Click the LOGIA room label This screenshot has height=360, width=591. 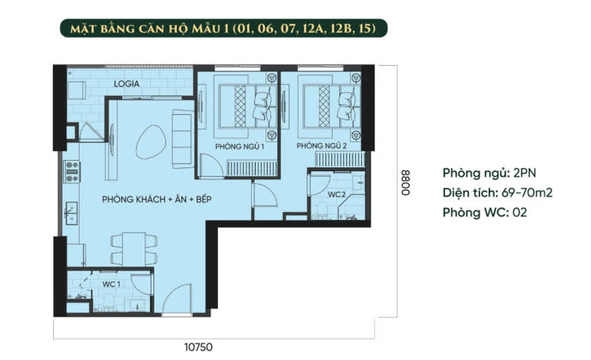(x=126, y=84)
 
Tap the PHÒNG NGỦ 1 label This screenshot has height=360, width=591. (x=240, y=146)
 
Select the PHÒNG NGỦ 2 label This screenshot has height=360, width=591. (x=321, y=145)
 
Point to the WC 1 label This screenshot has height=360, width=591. (x=111, y=284)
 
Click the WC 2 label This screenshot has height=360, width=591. (x=337, y=194)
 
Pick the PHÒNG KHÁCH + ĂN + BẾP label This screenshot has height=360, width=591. (x=156, y=199)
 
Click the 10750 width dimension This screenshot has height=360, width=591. (x=198, y=347)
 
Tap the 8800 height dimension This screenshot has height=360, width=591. (x=405, y=183)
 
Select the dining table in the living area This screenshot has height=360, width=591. (x=134, y=249)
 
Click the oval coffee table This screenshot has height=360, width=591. (x=150, y=142)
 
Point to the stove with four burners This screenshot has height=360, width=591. (x=72, y=172)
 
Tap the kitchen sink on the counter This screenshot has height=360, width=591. (x=71, y=213)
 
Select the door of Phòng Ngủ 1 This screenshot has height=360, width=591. (x=212, y=165)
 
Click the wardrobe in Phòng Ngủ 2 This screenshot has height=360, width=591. (x=340, y=159)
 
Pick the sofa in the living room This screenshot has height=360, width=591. (x=183, y=138)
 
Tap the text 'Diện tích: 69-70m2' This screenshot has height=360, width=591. (x=497, y=193)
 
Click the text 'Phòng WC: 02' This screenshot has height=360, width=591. (x=485, y=213)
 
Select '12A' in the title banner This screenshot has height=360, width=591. (x=314, y=29)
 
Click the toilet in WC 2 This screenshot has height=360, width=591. (x=322, y=210)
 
